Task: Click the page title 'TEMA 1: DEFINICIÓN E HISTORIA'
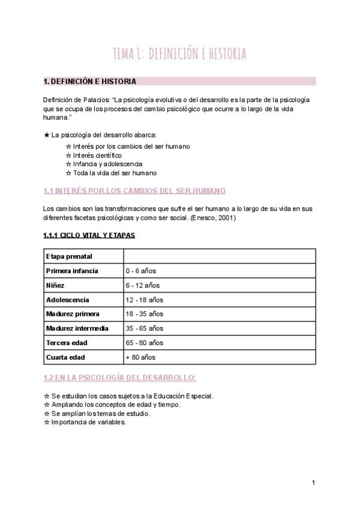[x=179, y=54]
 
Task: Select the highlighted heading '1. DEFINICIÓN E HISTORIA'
[x=90, y=81]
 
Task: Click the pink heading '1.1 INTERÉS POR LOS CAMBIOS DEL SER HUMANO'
[x=134, y=191]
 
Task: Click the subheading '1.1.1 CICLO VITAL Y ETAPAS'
[x=89, y=235]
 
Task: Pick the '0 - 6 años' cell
[x=141, y=271]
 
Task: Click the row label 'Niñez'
[x=55, y=285]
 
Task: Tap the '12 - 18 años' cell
[x=145, y=300]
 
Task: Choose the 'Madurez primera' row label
[x=73, y=314]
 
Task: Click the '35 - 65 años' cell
[x=145, y=328]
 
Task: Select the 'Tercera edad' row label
[x=67, y=343]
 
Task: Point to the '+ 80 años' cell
[x=140, y=357]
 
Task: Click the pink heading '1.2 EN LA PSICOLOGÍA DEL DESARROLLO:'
[x=119, y=378]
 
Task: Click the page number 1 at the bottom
[x=313, y=482]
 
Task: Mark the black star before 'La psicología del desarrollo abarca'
[x=47, y=135]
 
